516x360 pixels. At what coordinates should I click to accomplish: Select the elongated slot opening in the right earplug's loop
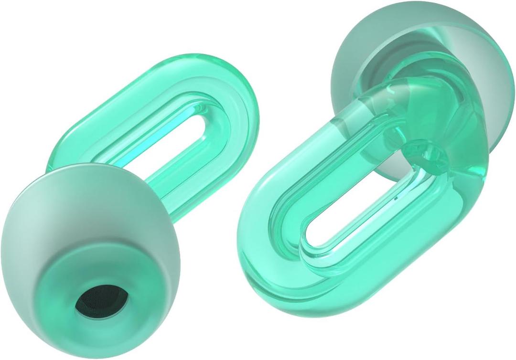point(354,210)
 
